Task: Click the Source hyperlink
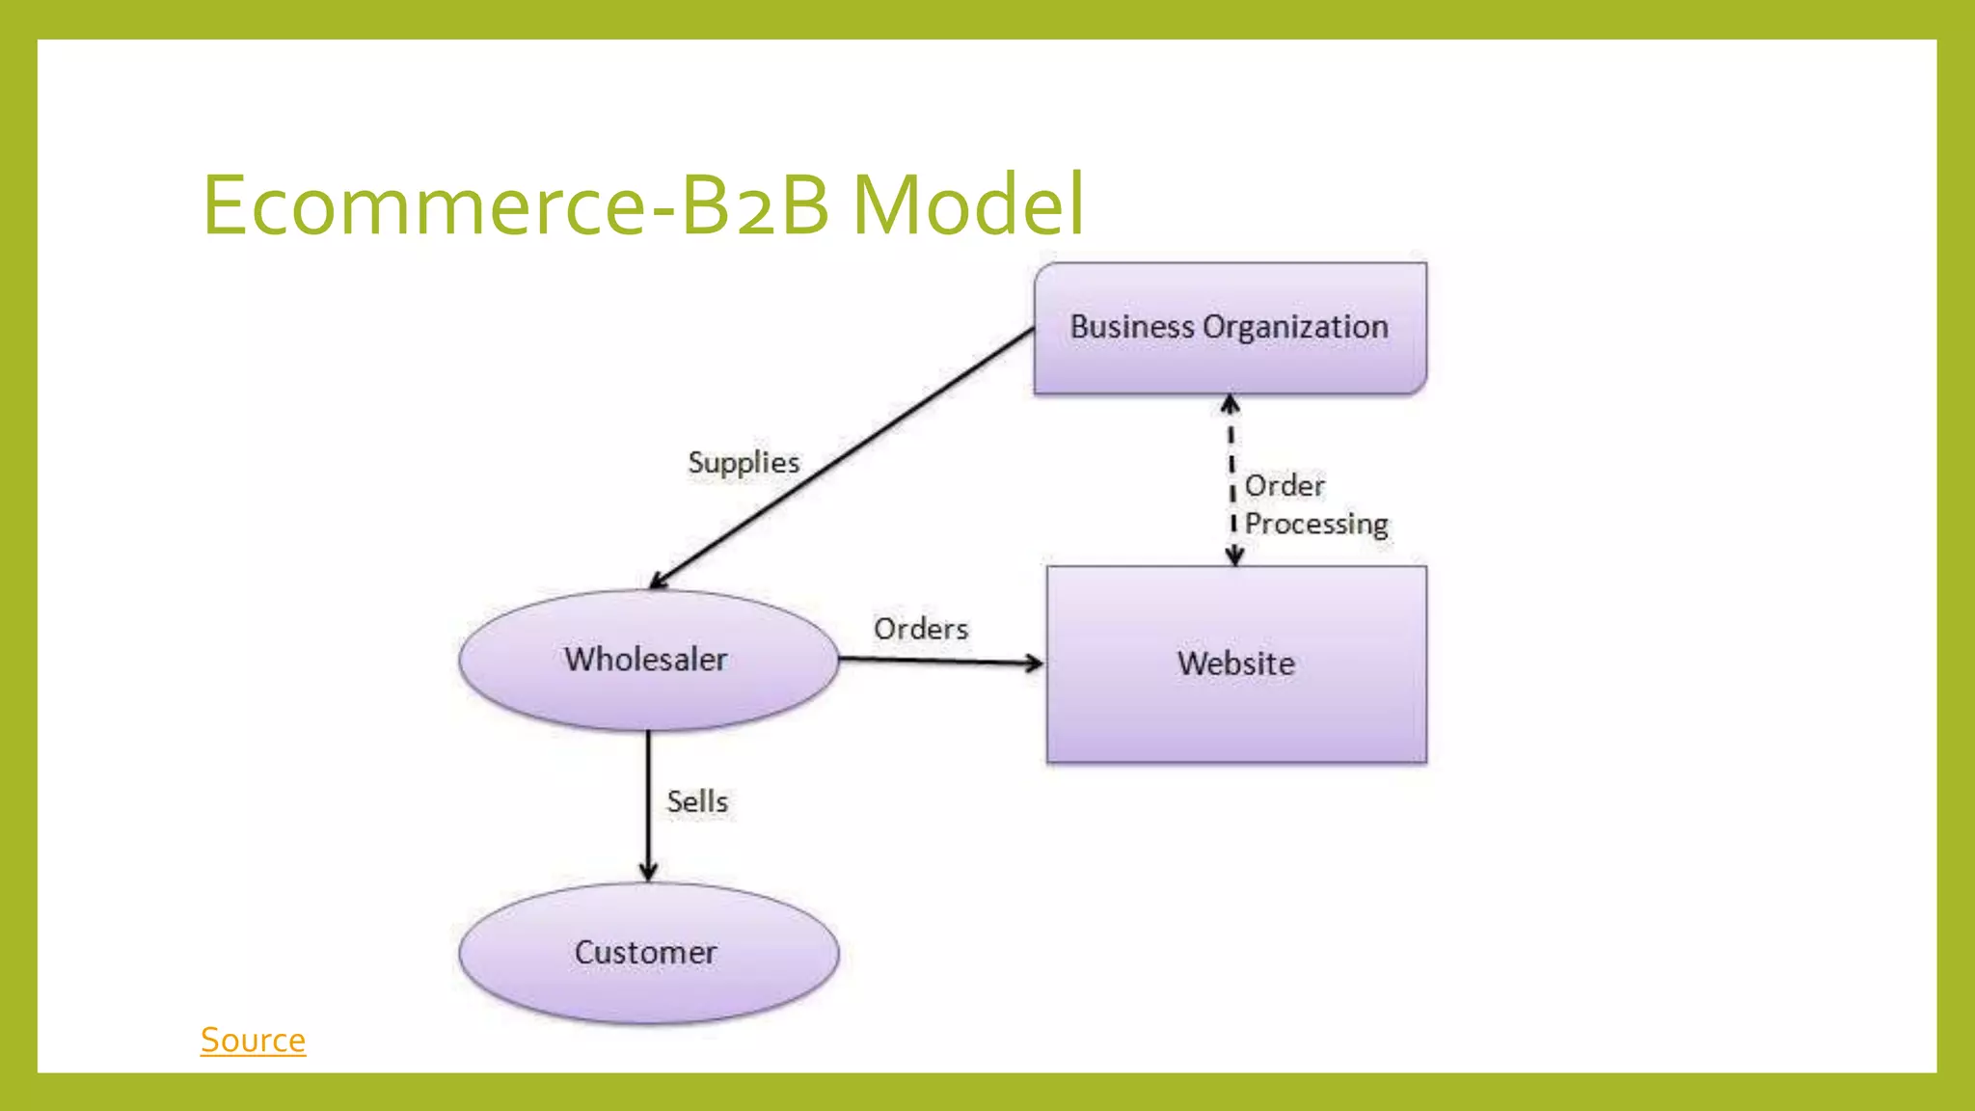[x=253, y=1040]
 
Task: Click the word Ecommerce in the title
[x=422, y=204]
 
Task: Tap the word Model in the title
[x=968, y=204]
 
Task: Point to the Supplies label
[x=744, y=463]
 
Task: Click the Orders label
[x=920, y=629]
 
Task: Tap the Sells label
[x=696, y=801]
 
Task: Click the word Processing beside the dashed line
[x=1316, y=524]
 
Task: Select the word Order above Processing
[x=1285, y=485]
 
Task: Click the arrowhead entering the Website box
[x=1035, y=663]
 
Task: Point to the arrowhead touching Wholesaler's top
[x=659, y=581]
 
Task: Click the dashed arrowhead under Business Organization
[x=1231, y=403]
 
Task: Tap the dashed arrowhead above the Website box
[x=1234, y=555]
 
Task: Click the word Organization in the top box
[x=1295, y=327]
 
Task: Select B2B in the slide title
[x=755, y=204]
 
